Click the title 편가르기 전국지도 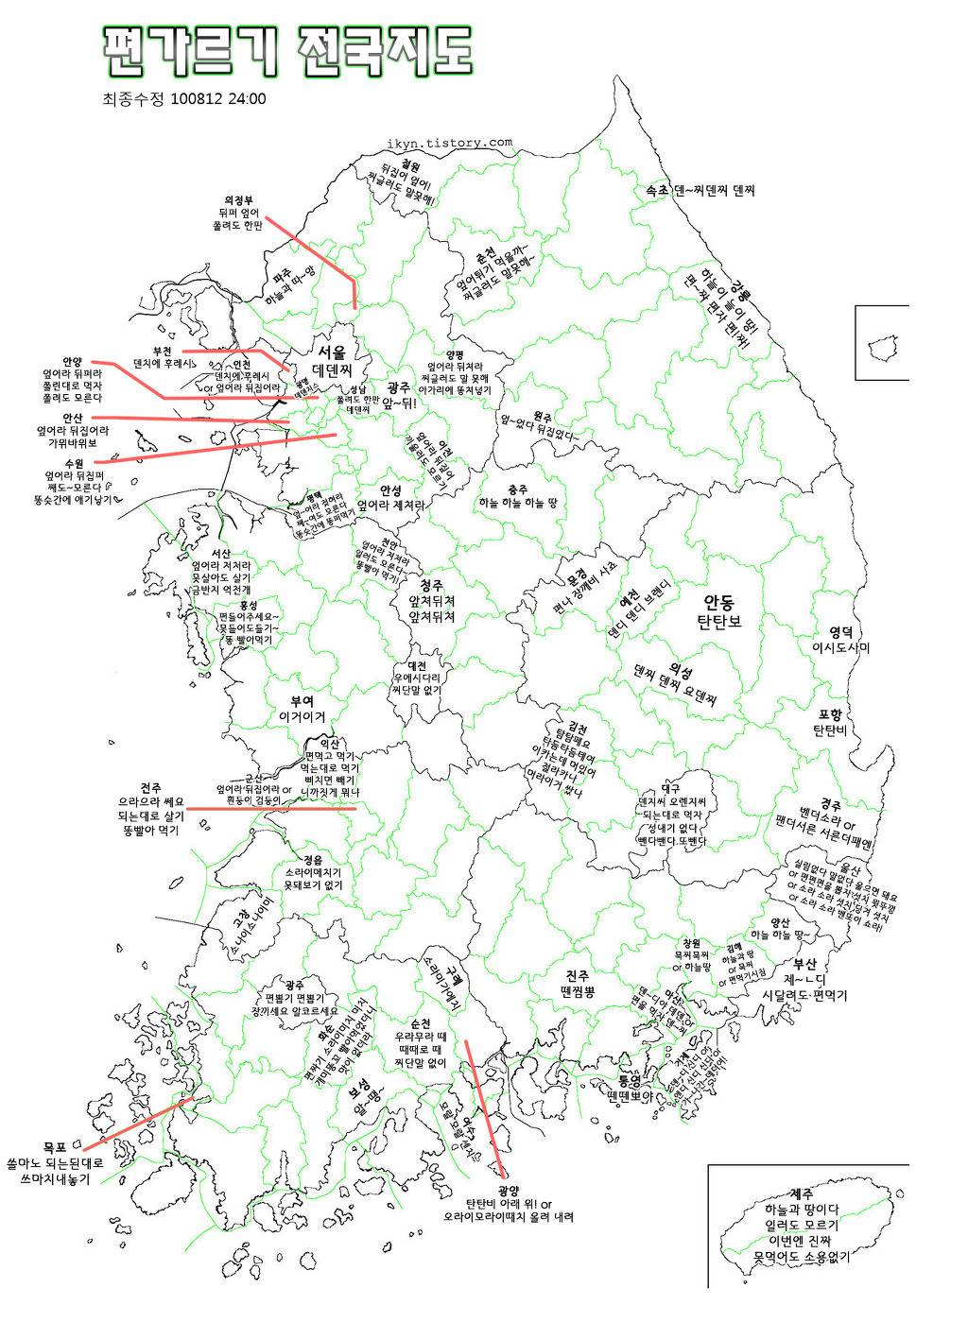tap(285, 51)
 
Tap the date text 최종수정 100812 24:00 tap(183, 98)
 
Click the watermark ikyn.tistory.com tap(449, 145)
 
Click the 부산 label tap(804, 964)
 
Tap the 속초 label tap(657, 190)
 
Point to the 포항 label tap(830, 713)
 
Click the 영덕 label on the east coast tap(841, 631)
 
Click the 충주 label tap(517, 489)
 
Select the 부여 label tap(302, 700)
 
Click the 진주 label tap(578, 975)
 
